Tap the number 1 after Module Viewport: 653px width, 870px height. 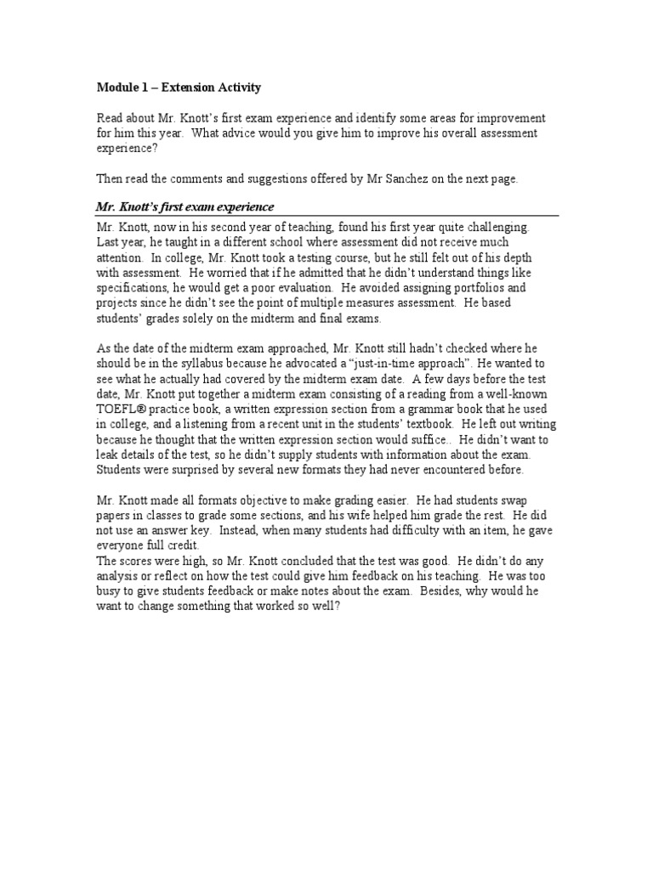(140, 88)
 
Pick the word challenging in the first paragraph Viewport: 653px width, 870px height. (492, 228)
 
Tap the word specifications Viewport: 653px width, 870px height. (130, 288)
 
